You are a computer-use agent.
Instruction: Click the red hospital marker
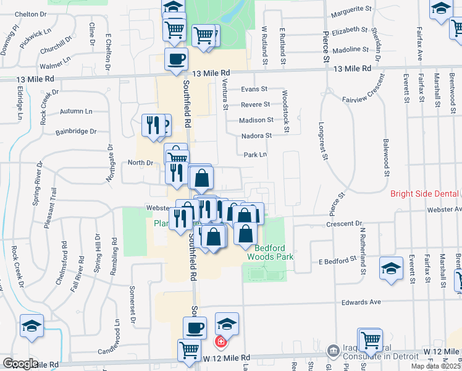tap(219, 341)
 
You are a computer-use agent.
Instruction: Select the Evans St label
tap(254, 89)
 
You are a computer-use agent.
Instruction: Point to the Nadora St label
tap(257, 135)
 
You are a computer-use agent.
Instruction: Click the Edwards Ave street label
tap(363, 302)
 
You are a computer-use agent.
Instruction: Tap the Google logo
tap(20, 363)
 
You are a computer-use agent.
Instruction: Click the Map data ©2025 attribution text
tap(435, 366)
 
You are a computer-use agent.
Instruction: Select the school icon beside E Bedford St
tap(390, 268)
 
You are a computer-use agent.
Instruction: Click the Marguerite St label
tap(351, 10)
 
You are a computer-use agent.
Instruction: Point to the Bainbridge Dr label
tap(76, 132)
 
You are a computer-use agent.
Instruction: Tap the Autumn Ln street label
tap(76, 111)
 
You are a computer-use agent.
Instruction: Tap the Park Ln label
tap(255, 155)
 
